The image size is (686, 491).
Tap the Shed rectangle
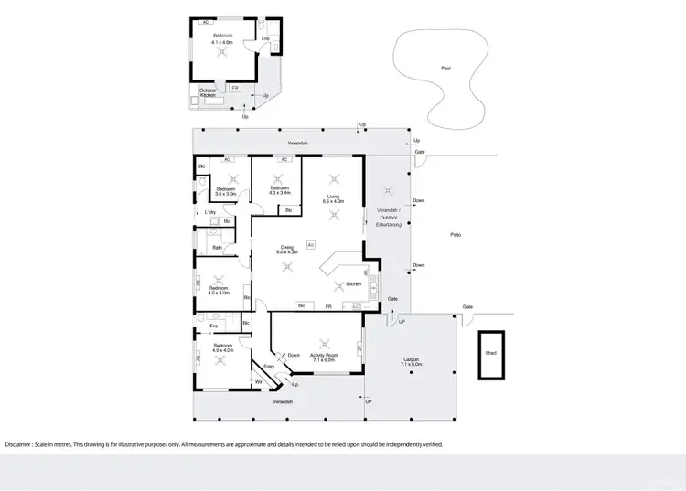pyautogui.click(x=492, y=353)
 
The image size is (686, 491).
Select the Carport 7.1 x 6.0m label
pyautogui.click(x=411, y=362)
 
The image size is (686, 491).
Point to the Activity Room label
pyautogui.click(x=325, y=357)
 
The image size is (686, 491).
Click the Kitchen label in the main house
pyautogui.click(x=354, y=284)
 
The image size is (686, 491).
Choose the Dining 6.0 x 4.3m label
pyautogui.click(x=287, y=249)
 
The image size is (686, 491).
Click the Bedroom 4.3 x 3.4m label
pyautogui.click(x=279, y=190)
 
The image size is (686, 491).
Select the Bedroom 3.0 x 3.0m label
pyautogui.click(x=226, y=191)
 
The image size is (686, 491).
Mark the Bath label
pyautogui.click(x=218, y=247)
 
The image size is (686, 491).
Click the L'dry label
pyautogui.click(x=209, y=213)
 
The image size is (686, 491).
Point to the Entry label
pyautogui.click(x=269, y=367)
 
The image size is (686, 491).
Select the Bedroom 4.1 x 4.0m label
pyautogui.click(x=222, y=38)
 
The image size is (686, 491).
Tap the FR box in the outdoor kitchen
pyautogui.click(x=236, y=87)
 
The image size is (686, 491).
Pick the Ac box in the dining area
pyautogui.click(x=311, y=244)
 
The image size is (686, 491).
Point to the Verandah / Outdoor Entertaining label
pyautogui.click(x=390, y=218)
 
